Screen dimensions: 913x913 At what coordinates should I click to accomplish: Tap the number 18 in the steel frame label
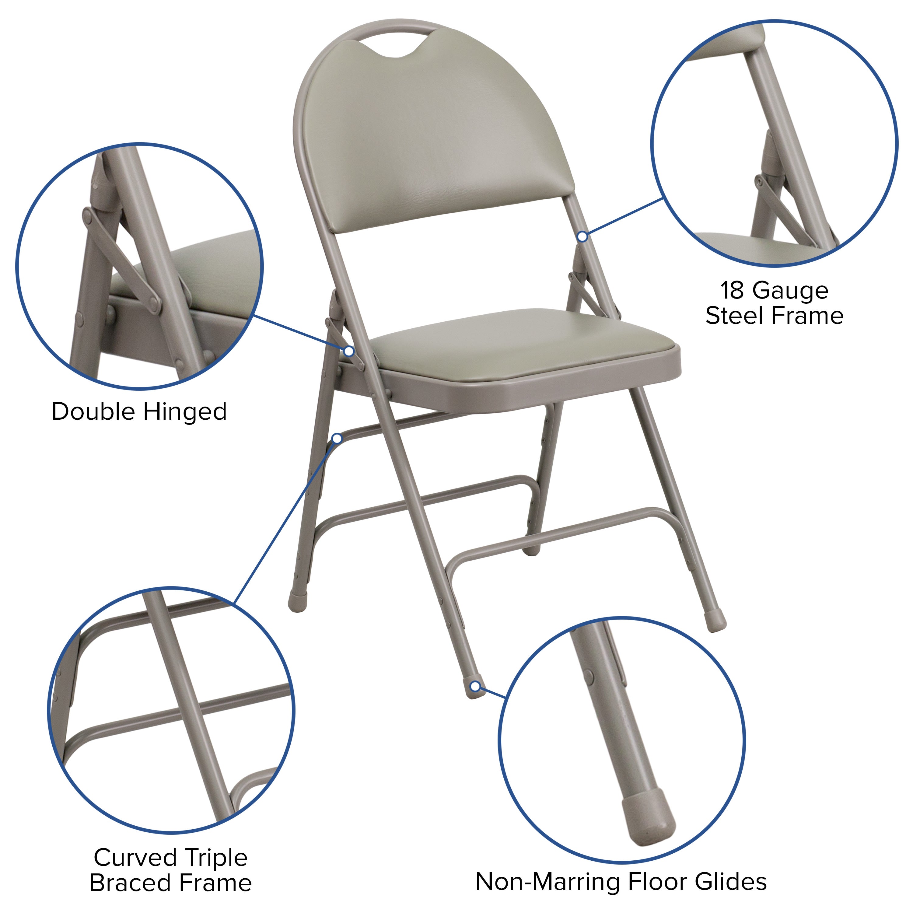pyautogui.click(x=733, y=290)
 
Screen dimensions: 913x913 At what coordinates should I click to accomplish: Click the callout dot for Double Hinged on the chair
pyautogui.click(x=349, y=351)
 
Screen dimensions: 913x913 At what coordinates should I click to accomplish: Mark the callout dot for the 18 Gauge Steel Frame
pyautogui.click(x=583, y=236)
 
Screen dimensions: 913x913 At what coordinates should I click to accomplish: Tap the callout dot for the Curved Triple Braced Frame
pyautogui.click(x=337, y=439)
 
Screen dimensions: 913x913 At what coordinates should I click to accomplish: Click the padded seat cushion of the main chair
pyautogui.click(x=515, y=345)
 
